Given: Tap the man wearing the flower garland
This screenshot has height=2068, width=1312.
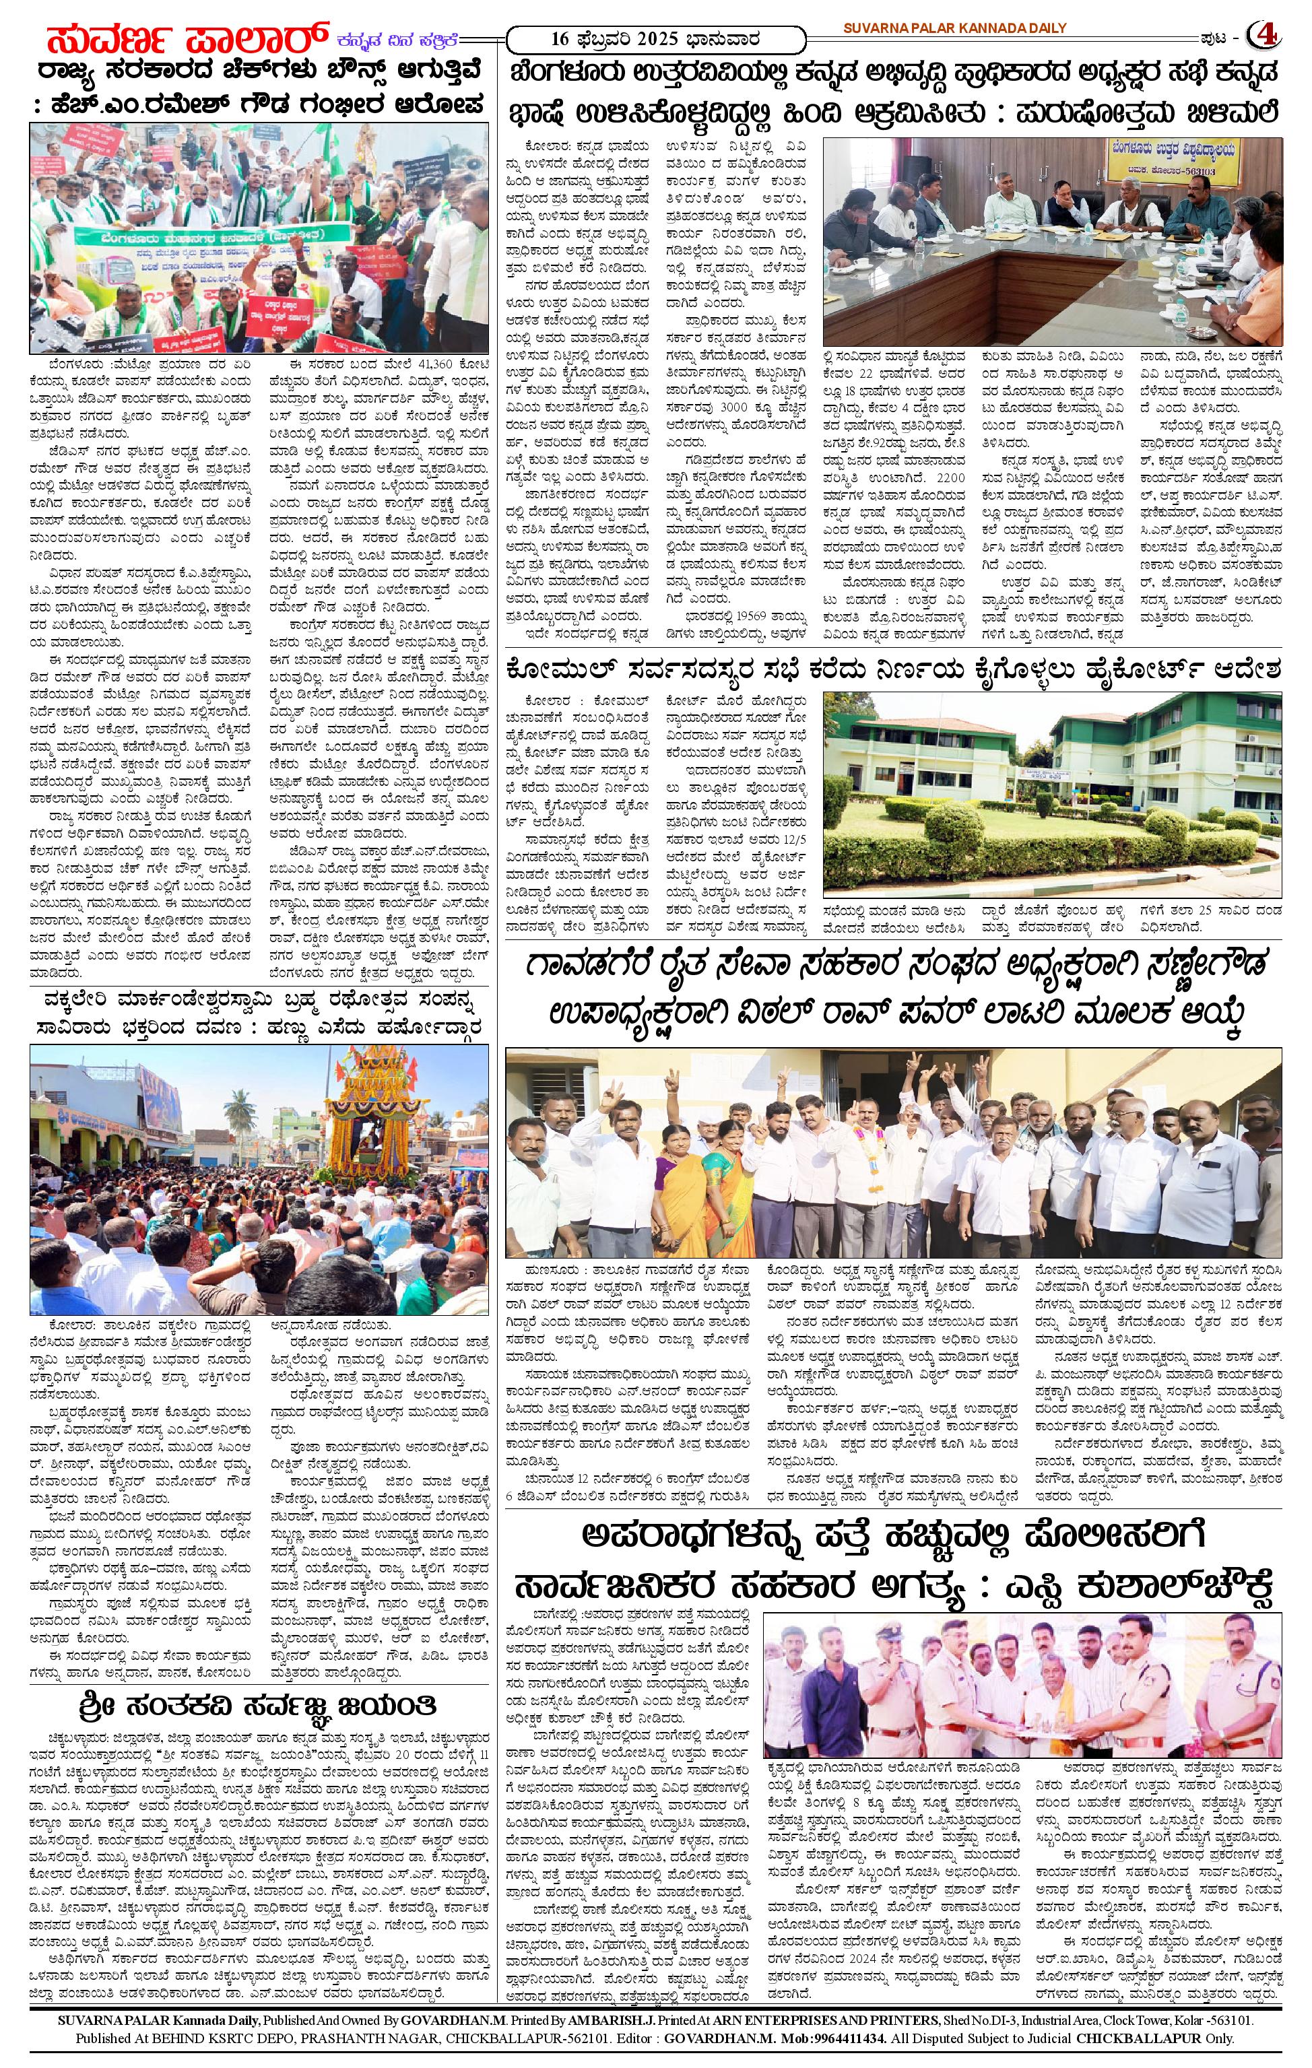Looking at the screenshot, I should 874,1151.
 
